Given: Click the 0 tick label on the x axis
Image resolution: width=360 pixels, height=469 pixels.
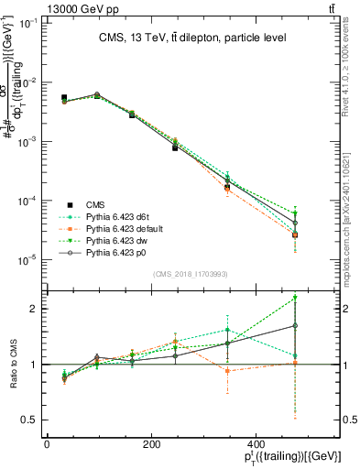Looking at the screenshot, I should [47, 444].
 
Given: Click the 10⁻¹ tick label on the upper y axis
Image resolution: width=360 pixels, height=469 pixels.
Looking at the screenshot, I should [27, 23].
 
